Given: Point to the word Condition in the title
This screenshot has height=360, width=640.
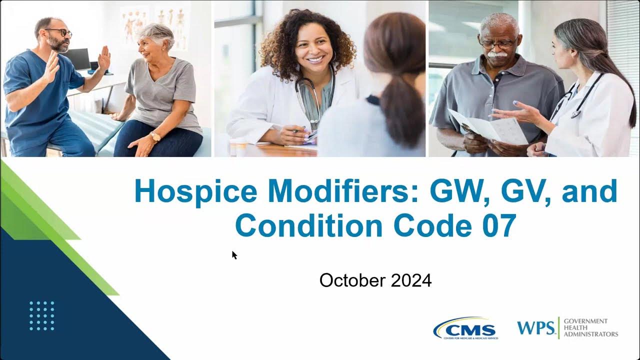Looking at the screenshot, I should [308, 225].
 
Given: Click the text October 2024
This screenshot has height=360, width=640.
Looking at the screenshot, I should [375, 280].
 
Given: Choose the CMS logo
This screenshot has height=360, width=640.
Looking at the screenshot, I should [464, 329].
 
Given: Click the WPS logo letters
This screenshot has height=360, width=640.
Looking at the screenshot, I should [535, 328].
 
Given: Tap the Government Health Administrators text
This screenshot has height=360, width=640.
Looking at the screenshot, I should [590, 328].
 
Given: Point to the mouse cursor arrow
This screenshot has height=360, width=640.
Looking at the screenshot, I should [234, 255].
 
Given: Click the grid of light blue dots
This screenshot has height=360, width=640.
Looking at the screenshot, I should [41, 315].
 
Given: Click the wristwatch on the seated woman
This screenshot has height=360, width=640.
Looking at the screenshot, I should [155, 136].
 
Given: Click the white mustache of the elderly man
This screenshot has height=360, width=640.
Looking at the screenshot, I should [495, 53].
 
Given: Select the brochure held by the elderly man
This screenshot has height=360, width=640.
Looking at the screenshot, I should [487, 127].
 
